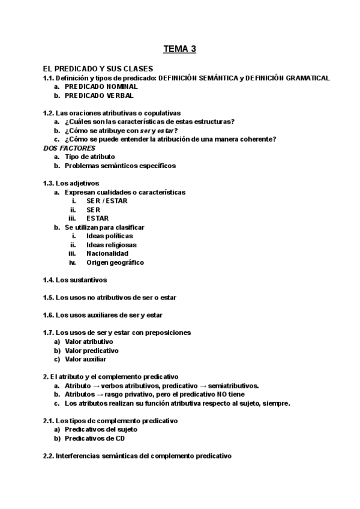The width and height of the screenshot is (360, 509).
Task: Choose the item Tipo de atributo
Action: (x=89, y=157)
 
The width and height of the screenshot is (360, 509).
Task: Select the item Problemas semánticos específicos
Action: (x=120, y=166)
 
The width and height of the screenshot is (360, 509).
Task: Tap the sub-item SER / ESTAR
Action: (x=107, y=201)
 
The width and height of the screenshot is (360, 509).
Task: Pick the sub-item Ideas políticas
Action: (x=109, y=236)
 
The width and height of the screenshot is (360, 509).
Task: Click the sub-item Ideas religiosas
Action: (x=111, y=245)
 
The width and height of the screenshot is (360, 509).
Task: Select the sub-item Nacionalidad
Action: (x=107, y=253)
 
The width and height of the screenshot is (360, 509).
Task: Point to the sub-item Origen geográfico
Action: (x=115, y=262)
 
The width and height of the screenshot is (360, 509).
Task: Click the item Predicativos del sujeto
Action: (x=101, y=430)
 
